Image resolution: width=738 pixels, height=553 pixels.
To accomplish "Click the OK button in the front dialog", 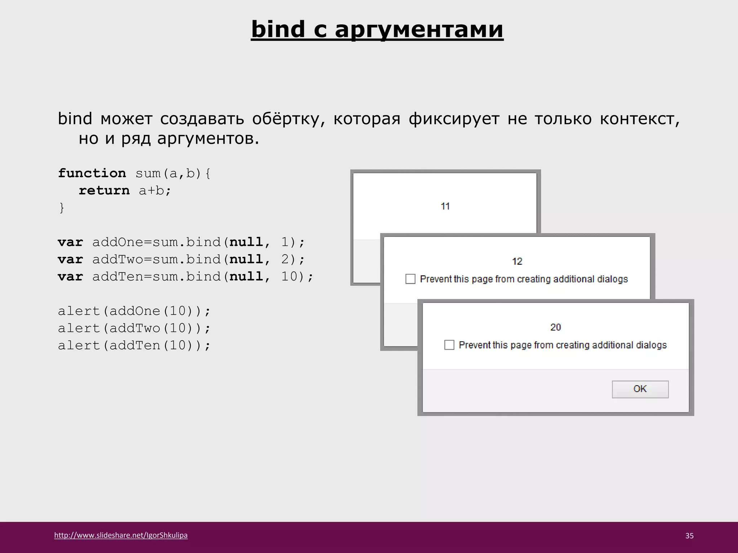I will pyautogui.click(x=640, y=389).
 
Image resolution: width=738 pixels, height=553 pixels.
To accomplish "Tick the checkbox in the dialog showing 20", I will pyautogui.click(x=449, y=345).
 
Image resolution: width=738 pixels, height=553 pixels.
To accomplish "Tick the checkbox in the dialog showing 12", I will pyautogui.click(x=410, y=279).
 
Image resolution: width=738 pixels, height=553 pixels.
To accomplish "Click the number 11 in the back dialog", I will pyautogui.click(x=445, y=206).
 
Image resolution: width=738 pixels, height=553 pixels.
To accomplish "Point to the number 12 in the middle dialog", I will pyautogui.click(x=517, y=261).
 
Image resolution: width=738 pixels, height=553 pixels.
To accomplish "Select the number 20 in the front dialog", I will pyautogui.click(x=555, y=327).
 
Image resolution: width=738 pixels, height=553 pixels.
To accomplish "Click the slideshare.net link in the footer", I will pyautogui.click(x=121, y=535).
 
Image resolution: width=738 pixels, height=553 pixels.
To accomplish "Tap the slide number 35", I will pyautogui.click(x=689, y=536).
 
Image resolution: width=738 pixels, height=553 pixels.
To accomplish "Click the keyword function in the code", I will pyautogui.click(x=92, y=173).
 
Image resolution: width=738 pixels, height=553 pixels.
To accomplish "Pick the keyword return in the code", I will pyautogui.click(x=104, y=190).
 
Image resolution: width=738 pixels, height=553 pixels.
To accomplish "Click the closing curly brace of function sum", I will pyautogui.click(x=62, y=208).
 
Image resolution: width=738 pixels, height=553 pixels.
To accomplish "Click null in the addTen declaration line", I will pyautogui.click(x=246, y=277).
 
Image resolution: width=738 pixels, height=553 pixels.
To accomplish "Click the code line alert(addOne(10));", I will pyautogui.click(x=134, y=311).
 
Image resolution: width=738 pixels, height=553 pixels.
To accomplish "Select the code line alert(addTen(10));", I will pyautogui.click(x=134, y=346).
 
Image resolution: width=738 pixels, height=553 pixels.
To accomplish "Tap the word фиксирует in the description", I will pyautogui.click(x=454, y=119).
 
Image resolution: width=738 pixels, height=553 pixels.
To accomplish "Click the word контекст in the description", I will pyautogui.click(x=639, y=119).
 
